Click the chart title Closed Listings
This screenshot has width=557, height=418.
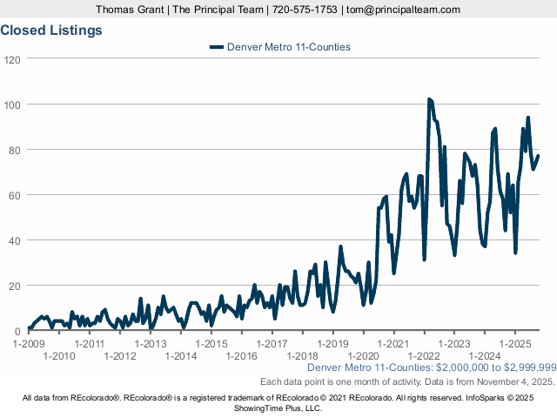point(51,30)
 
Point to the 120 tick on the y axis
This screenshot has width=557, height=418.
point(12,59)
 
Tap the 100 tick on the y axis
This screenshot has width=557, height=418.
point(12,104)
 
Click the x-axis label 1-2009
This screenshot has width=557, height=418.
point(29,343)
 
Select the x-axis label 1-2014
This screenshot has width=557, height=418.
point(180,355)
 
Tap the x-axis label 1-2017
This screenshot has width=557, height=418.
point(272,343)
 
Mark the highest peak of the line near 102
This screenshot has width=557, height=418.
point(429,100)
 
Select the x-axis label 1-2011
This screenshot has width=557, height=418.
point(90,343)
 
